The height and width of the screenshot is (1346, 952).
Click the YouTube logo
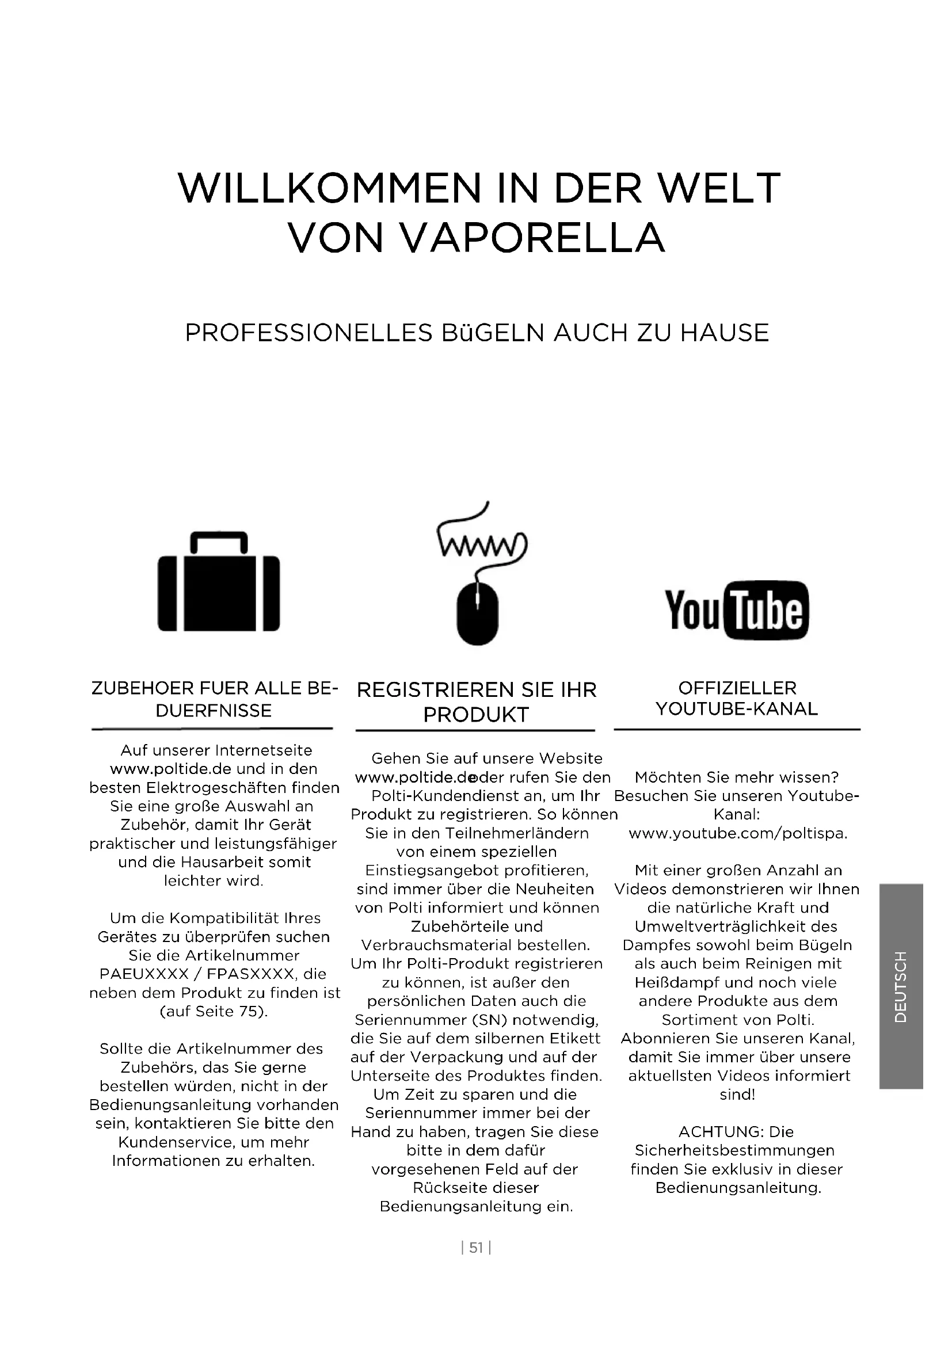click(736, 609)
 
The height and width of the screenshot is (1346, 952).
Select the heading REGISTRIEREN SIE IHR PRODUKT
click(476, 701)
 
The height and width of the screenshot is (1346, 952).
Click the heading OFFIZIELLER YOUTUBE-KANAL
click(736, 698)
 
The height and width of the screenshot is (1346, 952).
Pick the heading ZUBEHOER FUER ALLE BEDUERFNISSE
click(215, 699)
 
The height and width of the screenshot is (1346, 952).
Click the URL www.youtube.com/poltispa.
click(737, 833)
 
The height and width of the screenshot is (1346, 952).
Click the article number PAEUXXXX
click(144, 974)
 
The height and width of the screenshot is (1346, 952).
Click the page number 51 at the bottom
click(476, 1248)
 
